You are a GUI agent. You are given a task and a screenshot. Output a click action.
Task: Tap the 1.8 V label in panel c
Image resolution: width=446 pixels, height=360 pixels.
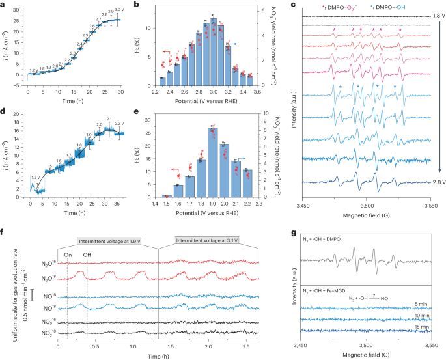pos(430,12)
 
